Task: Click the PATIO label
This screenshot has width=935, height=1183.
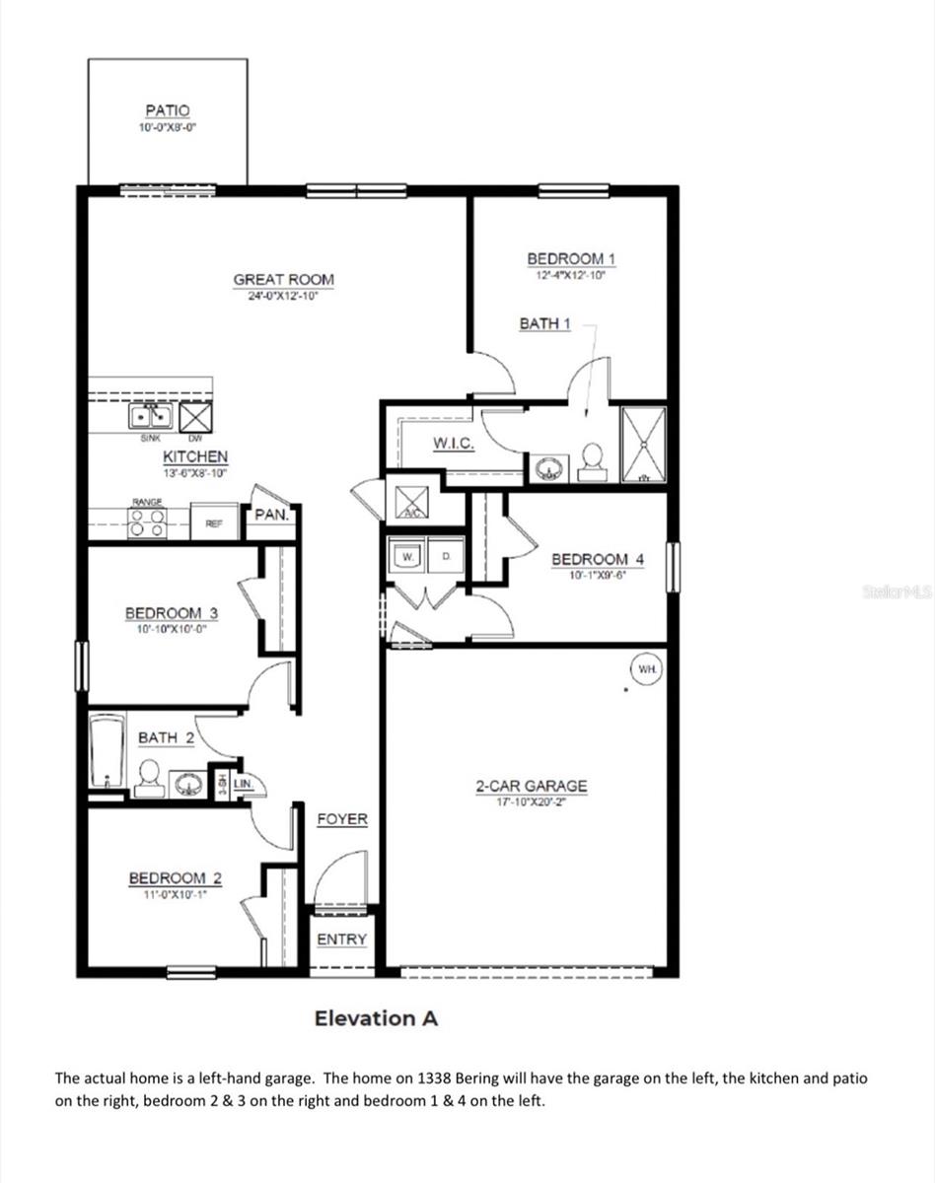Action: click(x=167, y=111)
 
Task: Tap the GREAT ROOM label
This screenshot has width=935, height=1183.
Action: click(x=283, y=279)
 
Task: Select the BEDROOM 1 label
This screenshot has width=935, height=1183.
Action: click(x=571, y=258)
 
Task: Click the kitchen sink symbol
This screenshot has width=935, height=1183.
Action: click(x=152, y=417)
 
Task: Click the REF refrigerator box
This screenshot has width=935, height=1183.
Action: click(x=214, y=523)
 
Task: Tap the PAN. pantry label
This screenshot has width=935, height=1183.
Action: click(x=270, y=515)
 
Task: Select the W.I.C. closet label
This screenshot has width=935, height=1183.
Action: click(x=454, y=444)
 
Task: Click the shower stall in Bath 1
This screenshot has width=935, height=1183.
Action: click(x=643, y=445)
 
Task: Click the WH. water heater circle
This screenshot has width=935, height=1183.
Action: click(x=647, y=669)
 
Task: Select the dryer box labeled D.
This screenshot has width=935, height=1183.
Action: click(x=446, y=557)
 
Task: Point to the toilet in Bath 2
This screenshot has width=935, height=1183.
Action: click(x=150, y=778)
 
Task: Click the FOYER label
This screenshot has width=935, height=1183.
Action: click(x=342, y=819)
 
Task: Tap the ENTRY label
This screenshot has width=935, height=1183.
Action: click(x=341, y=939)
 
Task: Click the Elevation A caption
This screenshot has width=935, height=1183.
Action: click(x=376, y=1018)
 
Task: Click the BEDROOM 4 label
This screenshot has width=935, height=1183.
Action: click(x=598, y=559)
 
